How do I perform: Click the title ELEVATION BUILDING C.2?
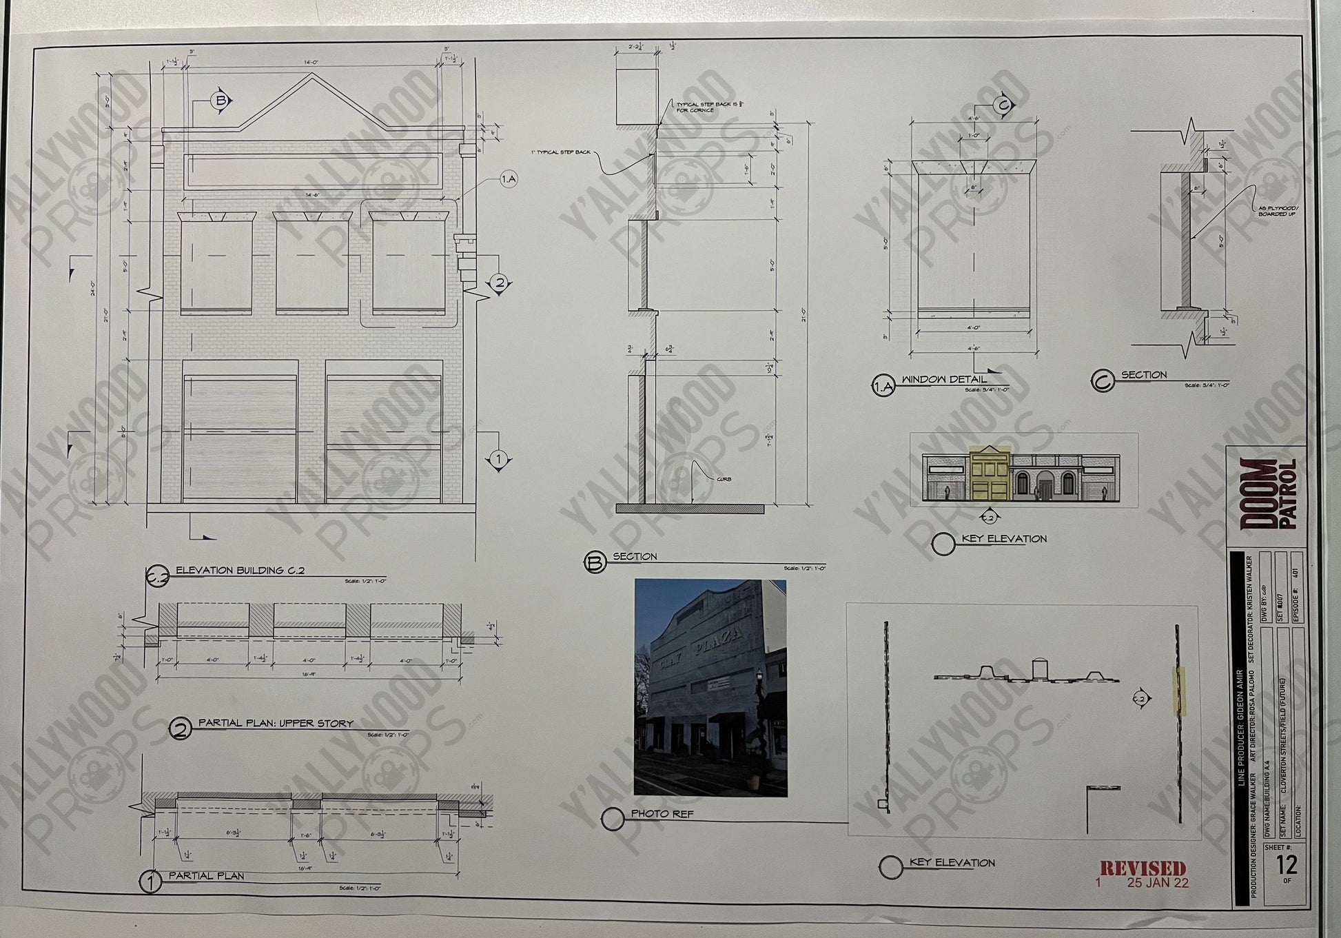(x=240, y=571)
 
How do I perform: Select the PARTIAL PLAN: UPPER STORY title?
(x=276, y=723)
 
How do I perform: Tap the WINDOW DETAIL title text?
(x=943, y=379)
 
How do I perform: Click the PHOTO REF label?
(x=662, y=814)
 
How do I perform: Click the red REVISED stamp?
(x=1143, y=868)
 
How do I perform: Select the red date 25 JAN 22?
(x=1157, y=883)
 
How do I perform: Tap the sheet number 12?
(x=1286, y=864)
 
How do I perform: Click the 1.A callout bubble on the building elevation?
(x=508, y=180)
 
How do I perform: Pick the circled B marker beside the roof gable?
(x=221, y=101)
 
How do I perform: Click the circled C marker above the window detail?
(x=1003, y=105)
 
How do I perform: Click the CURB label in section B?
(x=723, y=479)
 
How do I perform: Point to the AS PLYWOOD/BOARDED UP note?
(x=1278, y=211)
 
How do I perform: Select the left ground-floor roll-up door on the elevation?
(x=240, y=438)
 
